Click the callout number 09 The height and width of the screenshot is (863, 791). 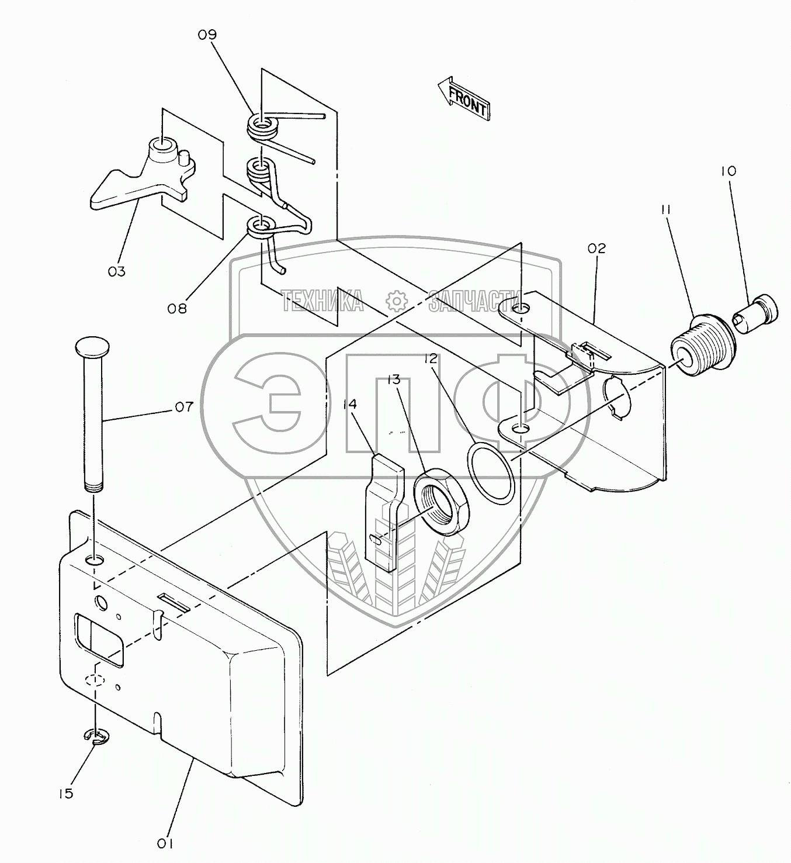(x=207, y=35)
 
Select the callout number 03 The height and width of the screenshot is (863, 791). (x=117, y=271)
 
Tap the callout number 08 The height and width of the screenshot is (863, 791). (x=177, y=308)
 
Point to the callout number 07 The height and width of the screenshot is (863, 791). (x=183, y=406)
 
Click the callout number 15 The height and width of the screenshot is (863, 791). (x=66, y=793)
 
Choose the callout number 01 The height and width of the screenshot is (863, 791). (x=165, y=844)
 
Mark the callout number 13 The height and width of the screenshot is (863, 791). (x=394, y=381)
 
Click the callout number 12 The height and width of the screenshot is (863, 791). (x=431, y=358)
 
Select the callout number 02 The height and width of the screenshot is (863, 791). (x=596, y=248)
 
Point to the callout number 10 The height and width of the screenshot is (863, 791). (x=728, y=171)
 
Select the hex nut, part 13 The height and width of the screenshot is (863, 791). (x=441, y=502)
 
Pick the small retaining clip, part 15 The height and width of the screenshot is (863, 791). (x=95, y=738)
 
